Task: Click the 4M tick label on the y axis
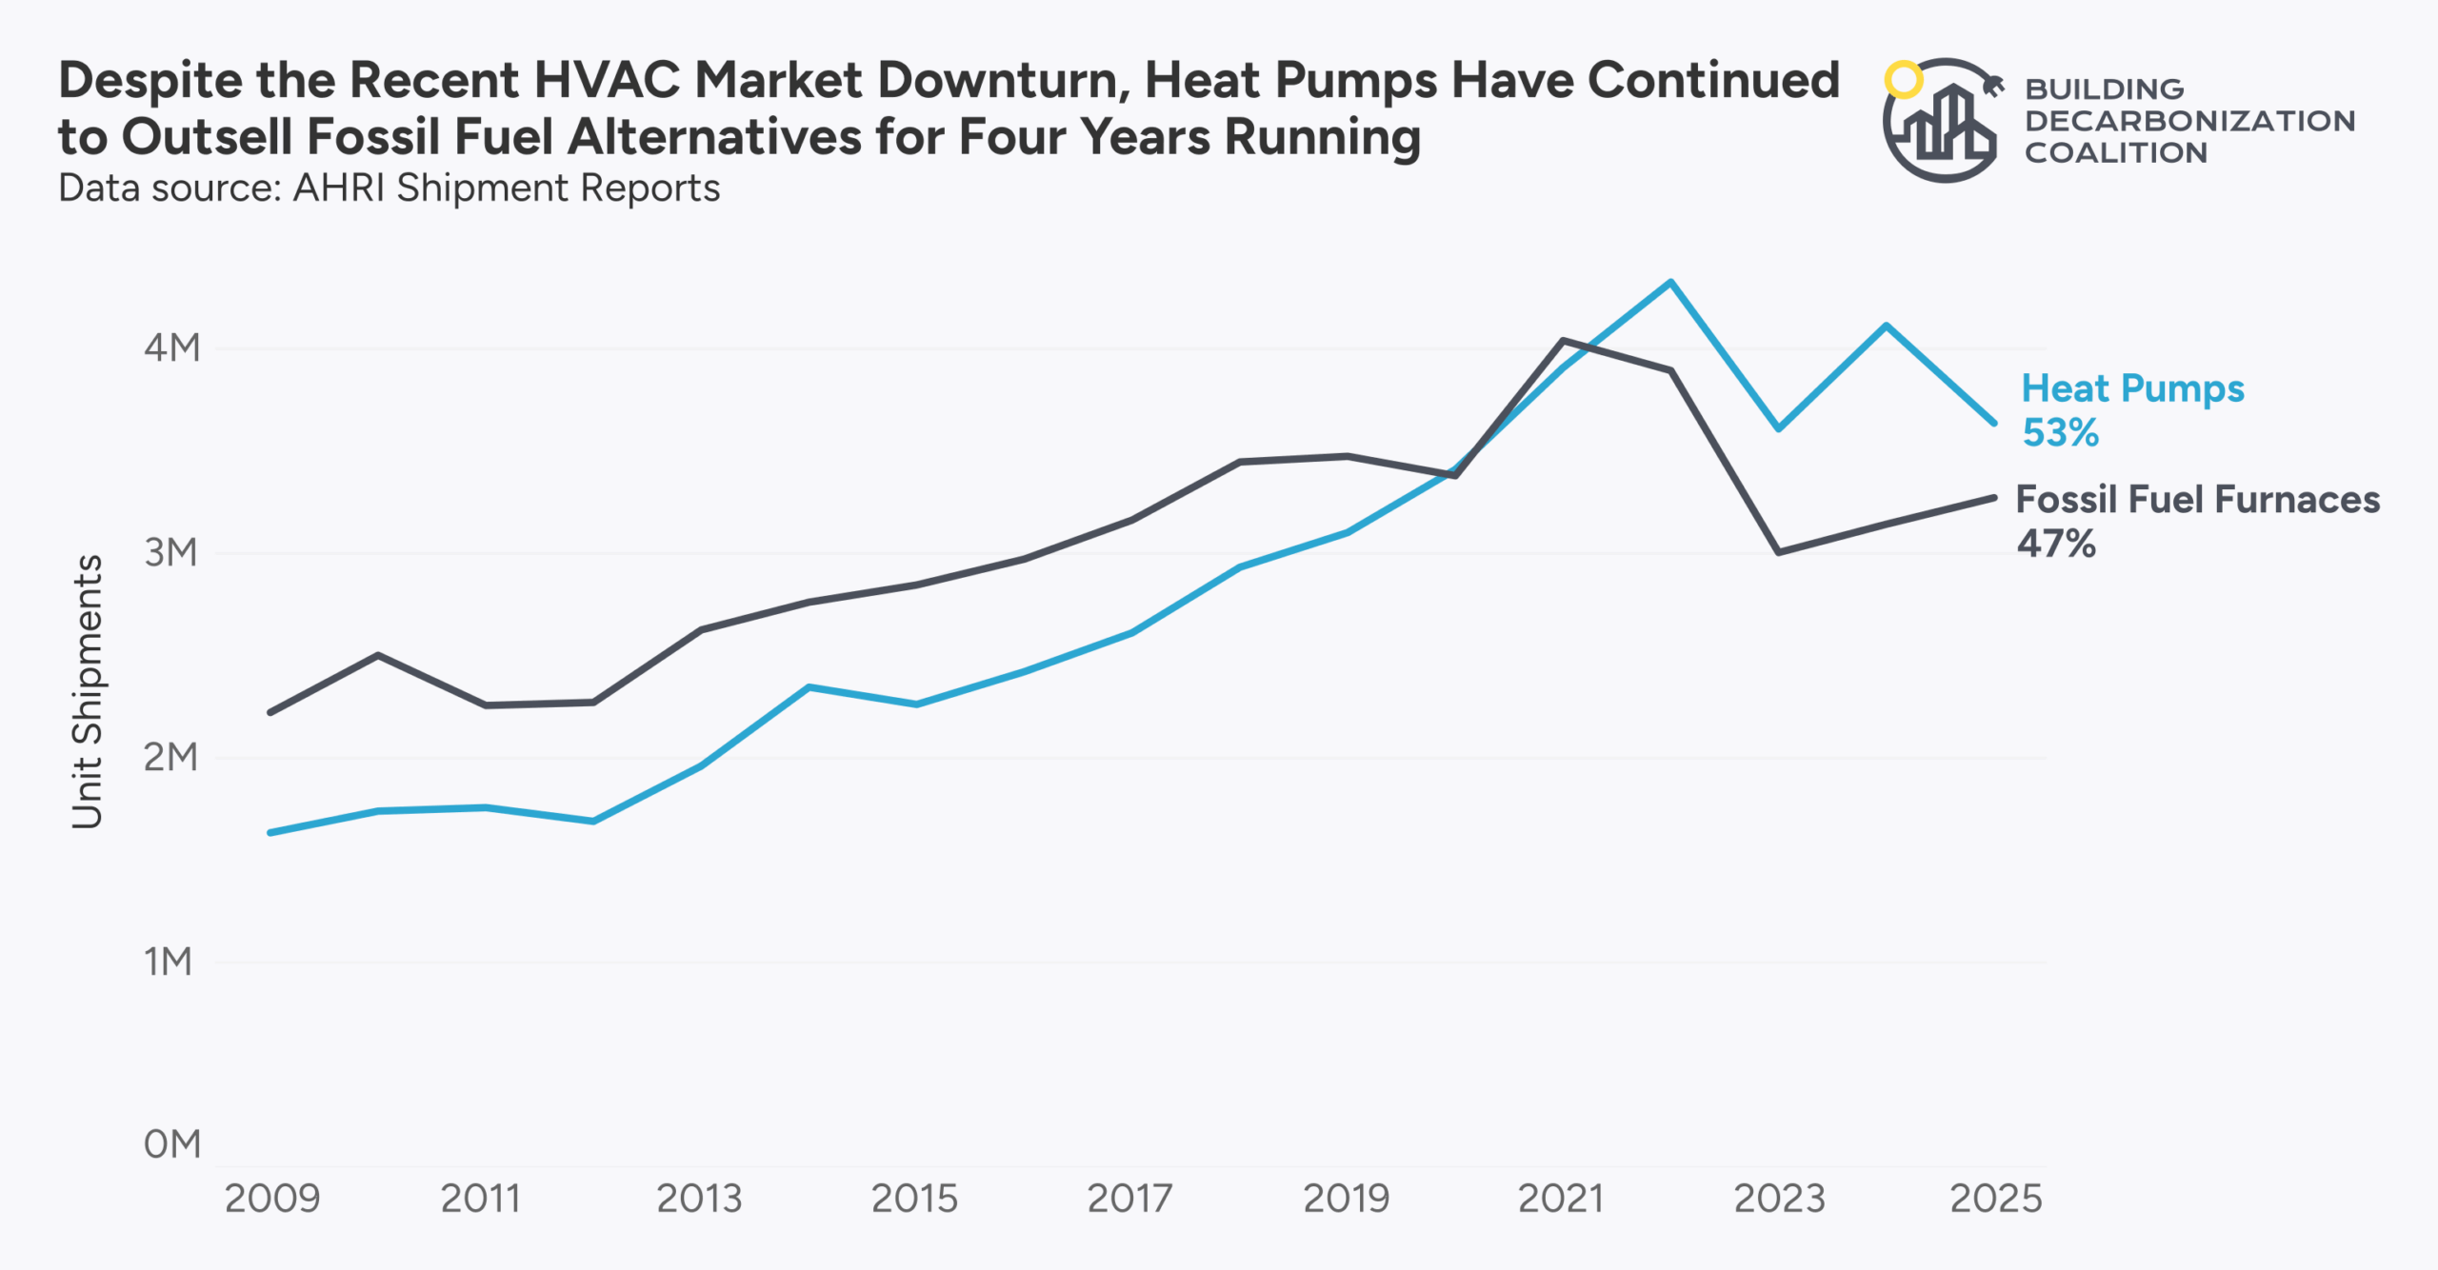tap(172, 347)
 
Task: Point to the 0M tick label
tap(172, 1143)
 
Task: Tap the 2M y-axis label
tap(171, 757)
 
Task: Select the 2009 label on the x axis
tap(272, 1199)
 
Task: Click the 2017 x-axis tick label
tap(1129, 1199)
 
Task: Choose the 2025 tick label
tap(1996, 1199)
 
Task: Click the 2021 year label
tap(1561, 1199)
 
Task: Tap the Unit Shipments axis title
tap(88, 692)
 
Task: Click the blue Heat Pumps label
tap(2132, 388)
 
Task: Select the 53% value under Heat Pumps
tap(2060, 433)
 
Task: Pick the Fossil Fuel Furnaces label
tap(2197, 500)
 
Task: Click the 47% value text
tap(2056, 545)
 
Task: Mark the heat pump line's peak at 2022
tap(1670, 282)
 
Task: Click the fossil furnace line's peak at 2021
tap(1563, 340)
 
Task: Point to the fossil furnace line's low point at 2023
tap(1778, 552)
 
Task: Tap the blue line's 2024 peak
tap(1886, 326)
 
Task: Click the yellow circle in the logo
tap(1904, 80)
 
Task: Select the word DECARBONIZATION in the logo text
tap(2189, 121)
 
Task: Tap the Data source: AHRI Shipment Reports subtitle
tap(389, 189)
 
